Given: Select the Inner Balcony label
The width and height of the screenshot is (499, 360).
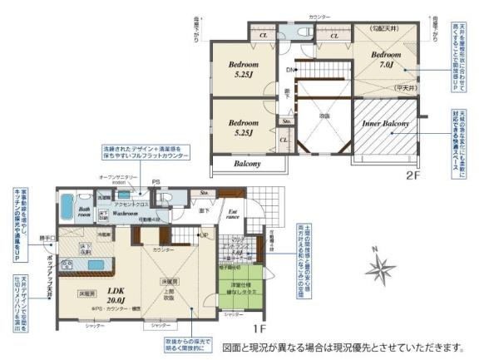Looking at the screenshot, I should tap(385, 124).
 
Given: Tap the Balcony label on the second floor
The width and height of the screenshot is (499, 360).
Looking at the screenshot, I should tap(247, 164).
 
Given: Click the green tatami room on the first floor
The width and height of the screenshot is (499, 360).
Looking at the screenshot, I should tap(244, 293).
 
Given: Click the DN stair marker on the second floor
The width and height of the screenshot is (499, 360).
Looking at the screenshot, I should tap(290, 69).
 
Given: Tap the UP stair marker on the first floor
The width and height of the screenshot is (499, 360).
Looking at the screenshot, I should tap(202, 235).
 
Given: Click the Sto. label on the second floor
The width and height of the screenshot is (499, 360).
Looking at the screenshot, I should tap(286, 121).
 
